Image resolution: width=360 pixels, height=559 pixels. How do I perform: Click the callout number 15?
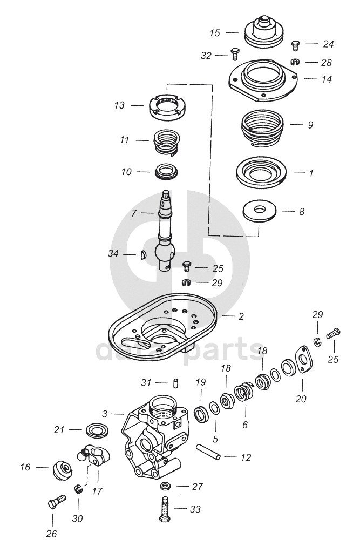215,33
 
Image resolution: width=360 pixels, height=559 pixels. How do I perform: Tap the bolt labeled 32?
235,54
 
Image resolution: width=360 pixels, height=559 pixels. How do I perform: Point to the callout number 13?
119,105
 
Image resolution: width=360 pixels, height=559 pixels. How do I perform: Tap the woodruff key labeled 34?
142,254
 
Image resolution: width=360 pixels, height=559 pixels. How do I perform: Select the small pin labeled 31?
176,382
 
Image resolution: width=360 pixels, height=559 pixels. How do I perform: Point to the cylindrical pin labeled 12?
208,452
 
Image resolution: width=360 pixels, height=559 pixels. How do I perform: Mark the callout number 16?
25,467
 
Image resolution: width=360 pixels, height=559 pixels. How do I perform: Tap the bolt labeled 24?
295,45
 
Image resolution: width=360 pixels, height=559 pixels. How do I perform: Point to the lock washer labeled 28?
295,62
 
